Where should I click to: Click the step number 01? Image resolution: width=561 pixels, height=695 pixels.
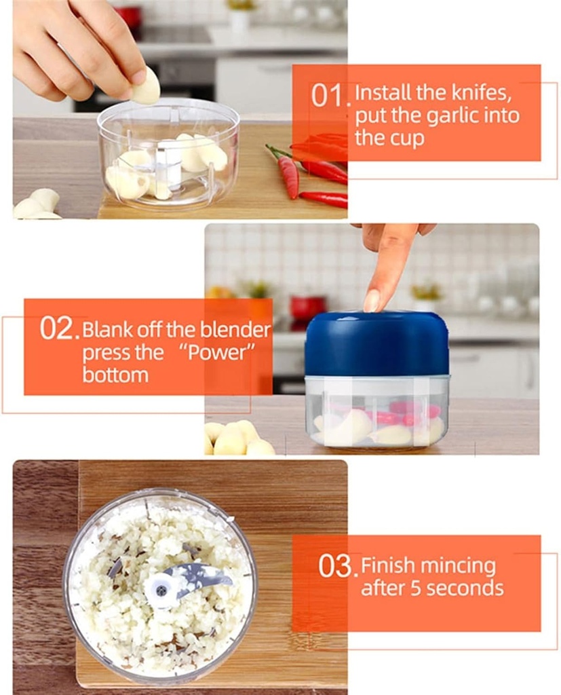click(x=328, y=95)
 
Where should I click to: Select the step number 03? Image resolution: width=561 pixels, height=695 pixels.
click(x=336, y=566)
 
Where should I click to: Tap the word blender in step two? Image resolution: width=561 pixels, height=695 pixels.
click(x=235, y=330)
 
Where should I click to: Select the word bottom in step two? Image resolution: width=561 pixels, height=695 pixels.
click(x=115, y=375)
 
